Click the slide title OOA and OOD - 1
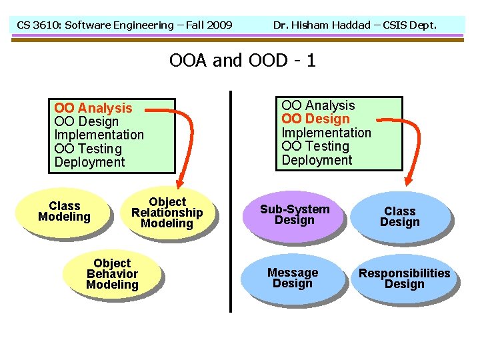tap(242, 61)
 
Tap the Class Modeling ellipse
tap(64, 211)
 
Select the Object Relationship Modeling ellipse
tap(167, 213)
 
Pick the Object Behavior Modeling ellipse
tap(112, 274)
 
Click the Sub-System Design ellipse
tap(294, 215)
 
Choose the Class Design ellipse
tap(399, 217)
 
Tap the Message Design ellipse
tap(293, 278)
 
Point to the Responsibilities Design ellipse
tap(404, 279)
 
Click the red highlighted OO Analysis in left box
tap(93, 108)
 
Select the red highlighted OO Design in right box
tap(315, 119)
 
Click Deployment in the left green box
tap(89, 162)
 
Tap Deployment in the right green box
tap(317, 160)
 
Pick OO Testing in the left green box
tap(88, 149)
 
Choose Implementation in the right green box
tap(326, 133)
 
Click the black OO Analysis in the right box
tap(318, 105)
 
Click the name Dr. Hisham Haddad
tap(321, 25)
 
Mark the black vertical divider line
tap(230, 200)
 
